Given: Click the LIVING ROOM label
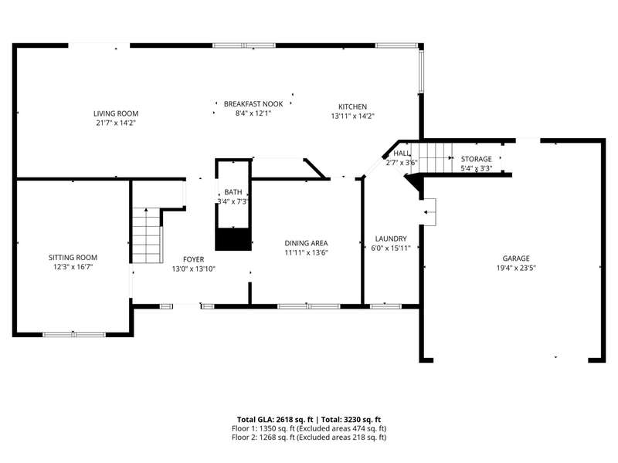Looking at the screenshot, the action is tap(116, 113).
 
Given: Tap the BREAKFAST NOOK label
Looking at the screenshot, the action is tap(253, 104).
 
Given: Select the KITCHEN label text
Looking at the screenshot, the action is tap(353, 106).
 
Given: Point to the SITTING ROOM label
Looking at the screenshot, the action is tap(73, 258).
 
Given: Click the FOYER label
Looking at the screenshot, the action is tap(194, 259).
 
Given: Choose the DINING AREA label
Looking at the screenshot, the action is tap(306, 243).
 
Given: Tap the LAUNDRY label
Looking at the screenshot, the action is tap(391, 238).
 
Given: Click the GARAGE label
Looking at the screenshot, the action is tap(516, 259).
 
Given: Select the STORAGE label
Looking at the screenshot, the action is tap(477, 159).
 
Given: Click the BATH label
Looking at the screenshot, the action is tap(233, 192).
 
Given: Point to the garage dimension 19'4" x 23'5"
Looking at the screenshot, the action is tap(516, 268).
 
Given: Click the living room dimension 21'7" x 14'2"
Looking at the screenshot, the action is tap(116, 123).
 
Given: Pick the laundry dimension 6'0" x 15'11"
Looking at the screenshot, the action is tap(391, 248).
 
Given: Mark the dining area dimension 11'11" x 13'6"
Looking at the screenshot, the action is tap(306, 253).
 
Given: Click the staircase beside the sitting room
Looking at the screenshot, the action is tap(147, 235).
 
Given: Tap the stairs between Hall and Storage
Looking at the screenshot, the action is tap(432, 158).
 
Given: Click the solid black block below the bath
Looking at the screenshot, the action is tap(233, 238).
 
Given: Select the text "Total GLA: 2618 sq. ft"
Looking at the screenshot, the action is tap(275, 420).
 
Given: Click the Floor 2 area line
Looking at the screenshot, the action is tap(309, 438).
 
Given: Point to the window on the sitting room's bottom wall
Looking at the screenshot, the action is tap(74, 335).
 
